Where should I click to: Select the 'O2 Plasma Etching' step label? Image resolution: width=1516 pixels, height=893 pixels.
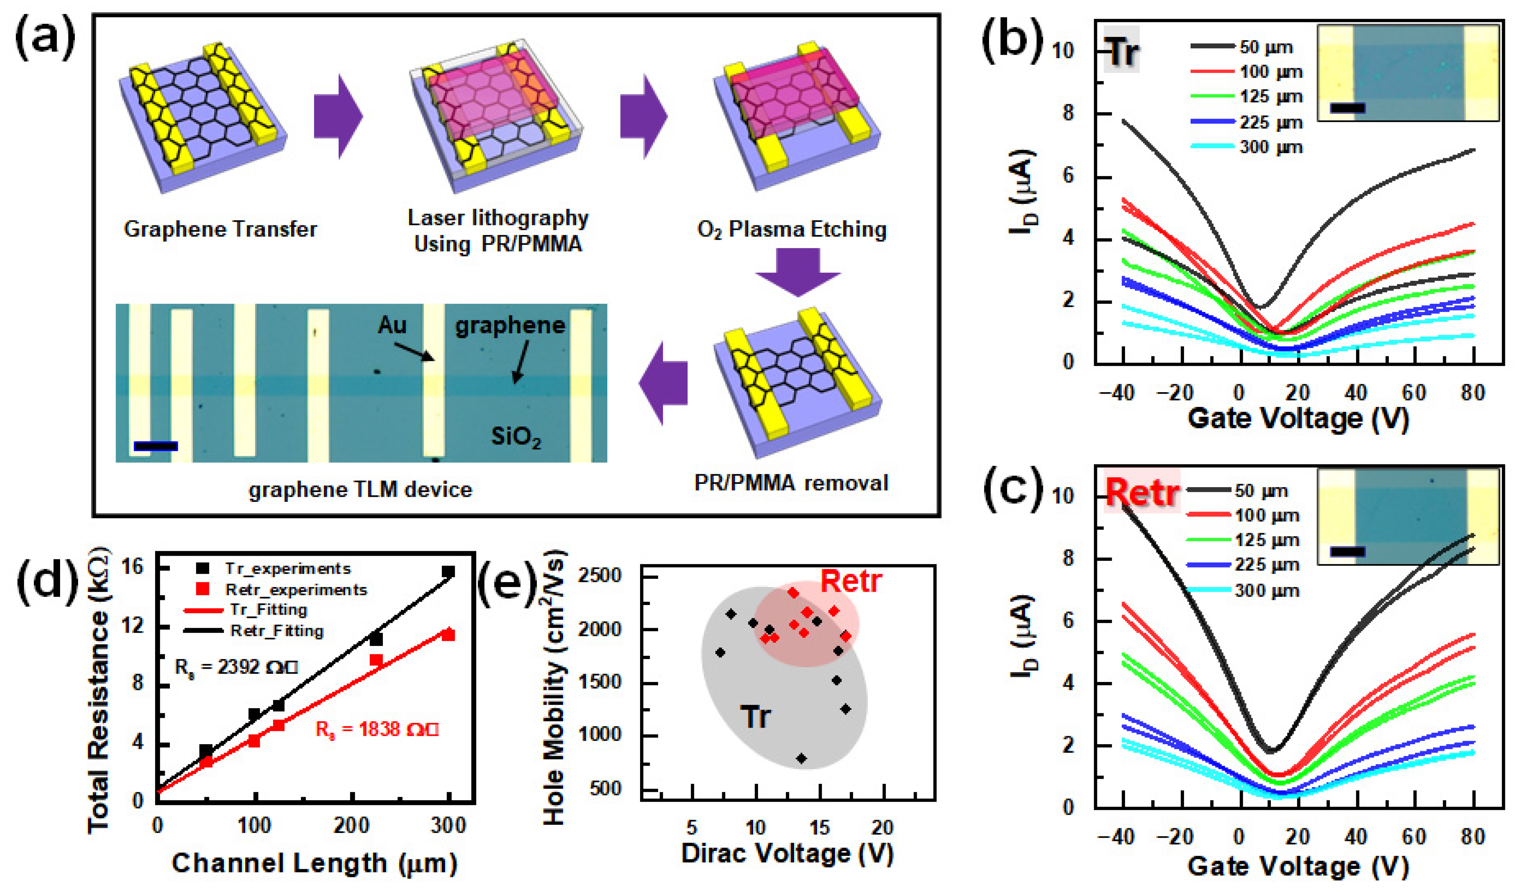[791, 229]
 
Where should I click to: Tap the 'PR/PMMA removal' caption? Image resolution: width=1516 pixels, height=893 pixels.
[790, 483]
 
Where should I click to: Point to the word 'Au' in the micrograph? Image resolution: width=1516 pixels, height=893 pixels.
[392, 326]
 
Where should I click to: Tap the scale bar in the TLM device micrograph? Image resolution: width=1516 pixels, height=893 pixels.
[156, 446]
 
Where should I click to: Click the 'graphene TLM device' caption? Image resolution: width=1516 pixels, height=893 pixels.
[360, 490]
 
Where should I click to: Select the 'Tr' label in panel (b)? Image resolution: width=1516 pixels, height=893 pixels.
[1121, 51]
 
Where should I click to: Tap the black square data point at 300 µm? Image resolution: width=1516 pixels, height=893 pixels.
[448, 572]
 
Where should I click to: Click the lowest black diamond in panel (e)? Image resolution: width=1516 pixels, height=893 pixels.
[801, 759]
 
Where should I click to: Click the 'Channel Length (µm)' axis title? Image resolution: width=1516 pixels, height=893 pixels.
[314, 864]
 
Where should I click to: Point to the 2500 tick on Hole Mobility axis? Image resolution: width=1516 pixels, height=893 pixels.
[599, 576]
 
